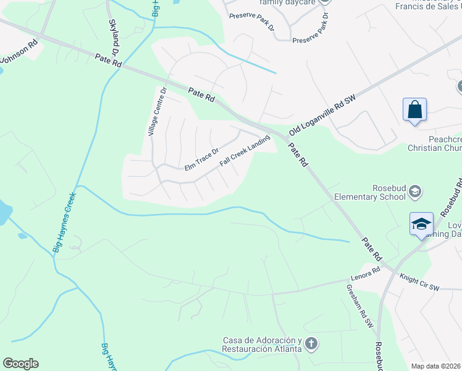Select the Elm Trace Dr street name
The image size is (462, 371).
point(202,160)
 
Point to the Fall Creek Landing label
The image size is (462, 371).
point(245,151)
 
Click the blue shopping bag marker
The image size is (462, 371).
point(414,110)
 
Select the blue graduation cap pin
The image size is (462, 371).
point(421,224)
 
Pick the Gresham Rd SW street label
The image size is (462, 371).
point(359,305)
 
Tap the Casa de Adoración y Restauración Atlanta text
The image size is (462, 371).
point(262,344)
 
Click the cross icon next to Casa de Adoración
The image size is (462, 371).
point(311,343)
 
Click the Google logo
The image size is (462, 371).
point(20,364)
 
